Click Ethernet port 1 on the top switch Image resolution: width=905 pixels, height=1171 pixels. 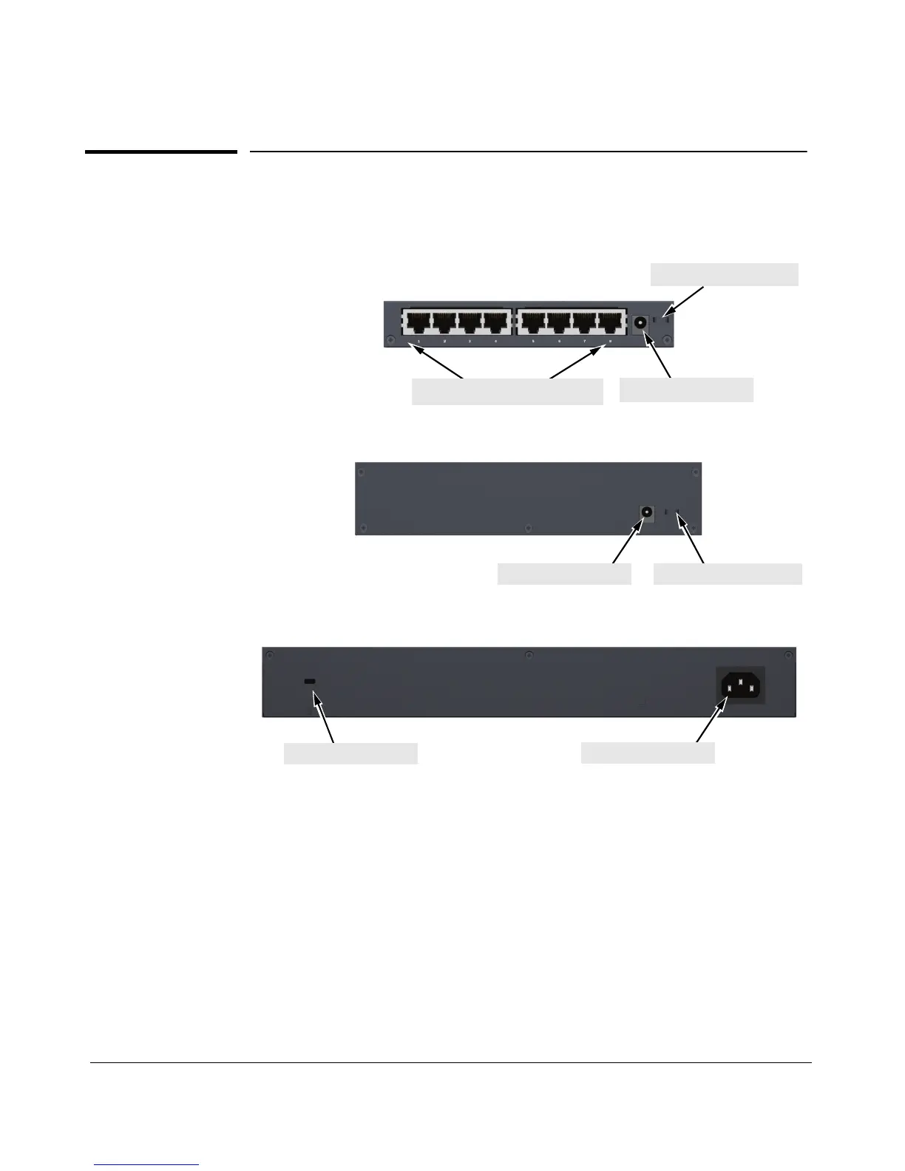418,324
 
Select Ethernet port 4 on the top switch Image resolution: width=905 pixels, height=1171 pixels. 497,324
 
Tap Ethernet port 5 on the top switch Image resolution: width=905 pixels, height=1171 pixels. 535,324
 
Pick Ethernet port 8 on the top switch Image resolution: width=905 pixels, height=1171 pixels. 610,324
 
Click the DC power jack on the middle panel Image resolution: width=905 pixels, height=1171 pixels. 647,512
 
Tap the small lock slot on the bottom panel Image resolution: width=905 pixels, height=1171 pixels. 311,682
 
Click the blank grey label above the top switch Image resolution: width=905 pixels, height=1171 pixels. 724,274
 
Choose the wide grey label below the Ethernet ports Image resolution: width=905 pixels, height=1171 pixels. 507,392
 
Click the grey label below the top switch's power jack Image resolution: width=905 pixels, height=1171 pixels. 686,390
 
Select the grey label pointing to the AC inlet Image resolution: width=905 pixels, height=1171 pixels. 648,753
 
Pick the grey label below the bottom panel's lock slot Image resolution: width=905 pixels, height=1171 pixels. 350,753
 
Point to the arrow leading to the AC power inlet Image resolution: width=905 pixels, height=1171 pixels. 709,723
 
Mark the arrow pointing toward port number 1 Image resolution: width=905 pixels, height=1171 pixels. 440,364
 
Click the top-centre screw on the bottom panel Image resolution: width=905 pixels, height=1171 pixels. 528,656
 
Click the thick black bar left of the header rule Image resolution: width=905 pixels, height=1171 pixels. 161,152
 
